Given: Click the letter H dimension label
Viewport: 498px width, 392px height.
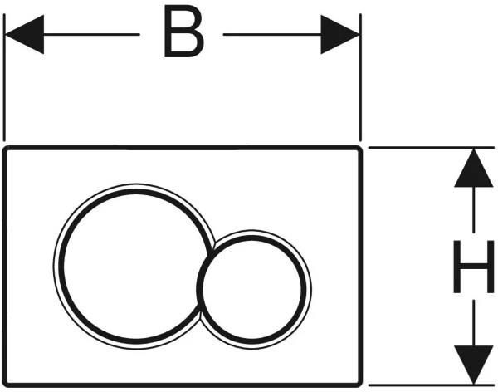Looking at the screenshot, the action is click(x=474, y=267).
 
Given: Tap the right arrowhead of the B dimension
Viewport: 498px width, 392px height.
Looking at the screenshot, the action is click(x=340, y=34).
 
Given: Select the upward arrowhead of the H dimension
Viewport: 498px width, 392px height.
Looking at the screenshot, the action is click(x=474, y=168).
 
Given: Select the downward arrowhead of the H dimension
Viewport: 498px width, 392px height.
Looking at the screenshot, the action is click(x=474, y=365).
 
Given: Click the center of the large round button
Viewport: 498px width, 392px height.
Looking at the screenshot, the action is click(x=134, y=267).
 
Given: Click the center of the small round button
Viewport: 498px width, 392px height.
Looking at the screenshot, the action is click(x=251, y=290).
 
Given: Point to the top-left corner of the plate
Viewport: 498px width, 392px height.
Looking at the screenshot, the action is click(x=4, y=148).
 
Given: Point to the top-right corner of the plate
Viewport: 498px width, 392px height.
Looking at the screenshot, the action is click(x=360, y=148).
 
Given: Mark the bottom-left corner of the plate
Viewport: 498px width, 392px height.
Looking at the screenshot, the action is click(x=4, y=385).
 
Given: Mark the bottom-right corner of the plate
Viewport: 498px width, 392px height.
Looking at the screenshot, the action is click(x=360, y=385).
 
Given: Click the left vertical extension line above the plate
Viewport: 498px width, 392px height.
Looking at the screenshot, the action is click(x=4, y=77).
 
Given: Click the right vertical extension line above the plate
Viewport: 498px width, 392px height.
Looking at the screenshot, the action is click(x=360, y=77).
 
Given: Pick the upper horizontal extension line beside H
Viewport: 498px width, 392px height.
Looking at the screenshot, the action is click(x=432, y=148).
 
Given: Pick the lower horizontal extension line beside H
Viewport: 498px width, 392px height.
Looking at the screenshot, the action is click(x=432, y=385).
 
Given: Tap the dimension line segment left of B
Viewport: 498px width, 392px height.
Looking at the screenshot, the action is click(x=91, y=34).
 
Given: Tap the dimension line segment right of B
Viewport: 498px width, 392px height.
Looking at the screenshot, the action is click(x=272, y=34).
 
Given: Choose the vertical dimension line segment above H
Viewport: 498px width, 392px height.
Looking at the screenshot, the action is click(x=474, y=209).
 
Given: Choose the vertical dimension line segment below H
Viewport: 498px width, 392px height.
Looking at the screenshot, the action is click(x=474, y=323).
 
